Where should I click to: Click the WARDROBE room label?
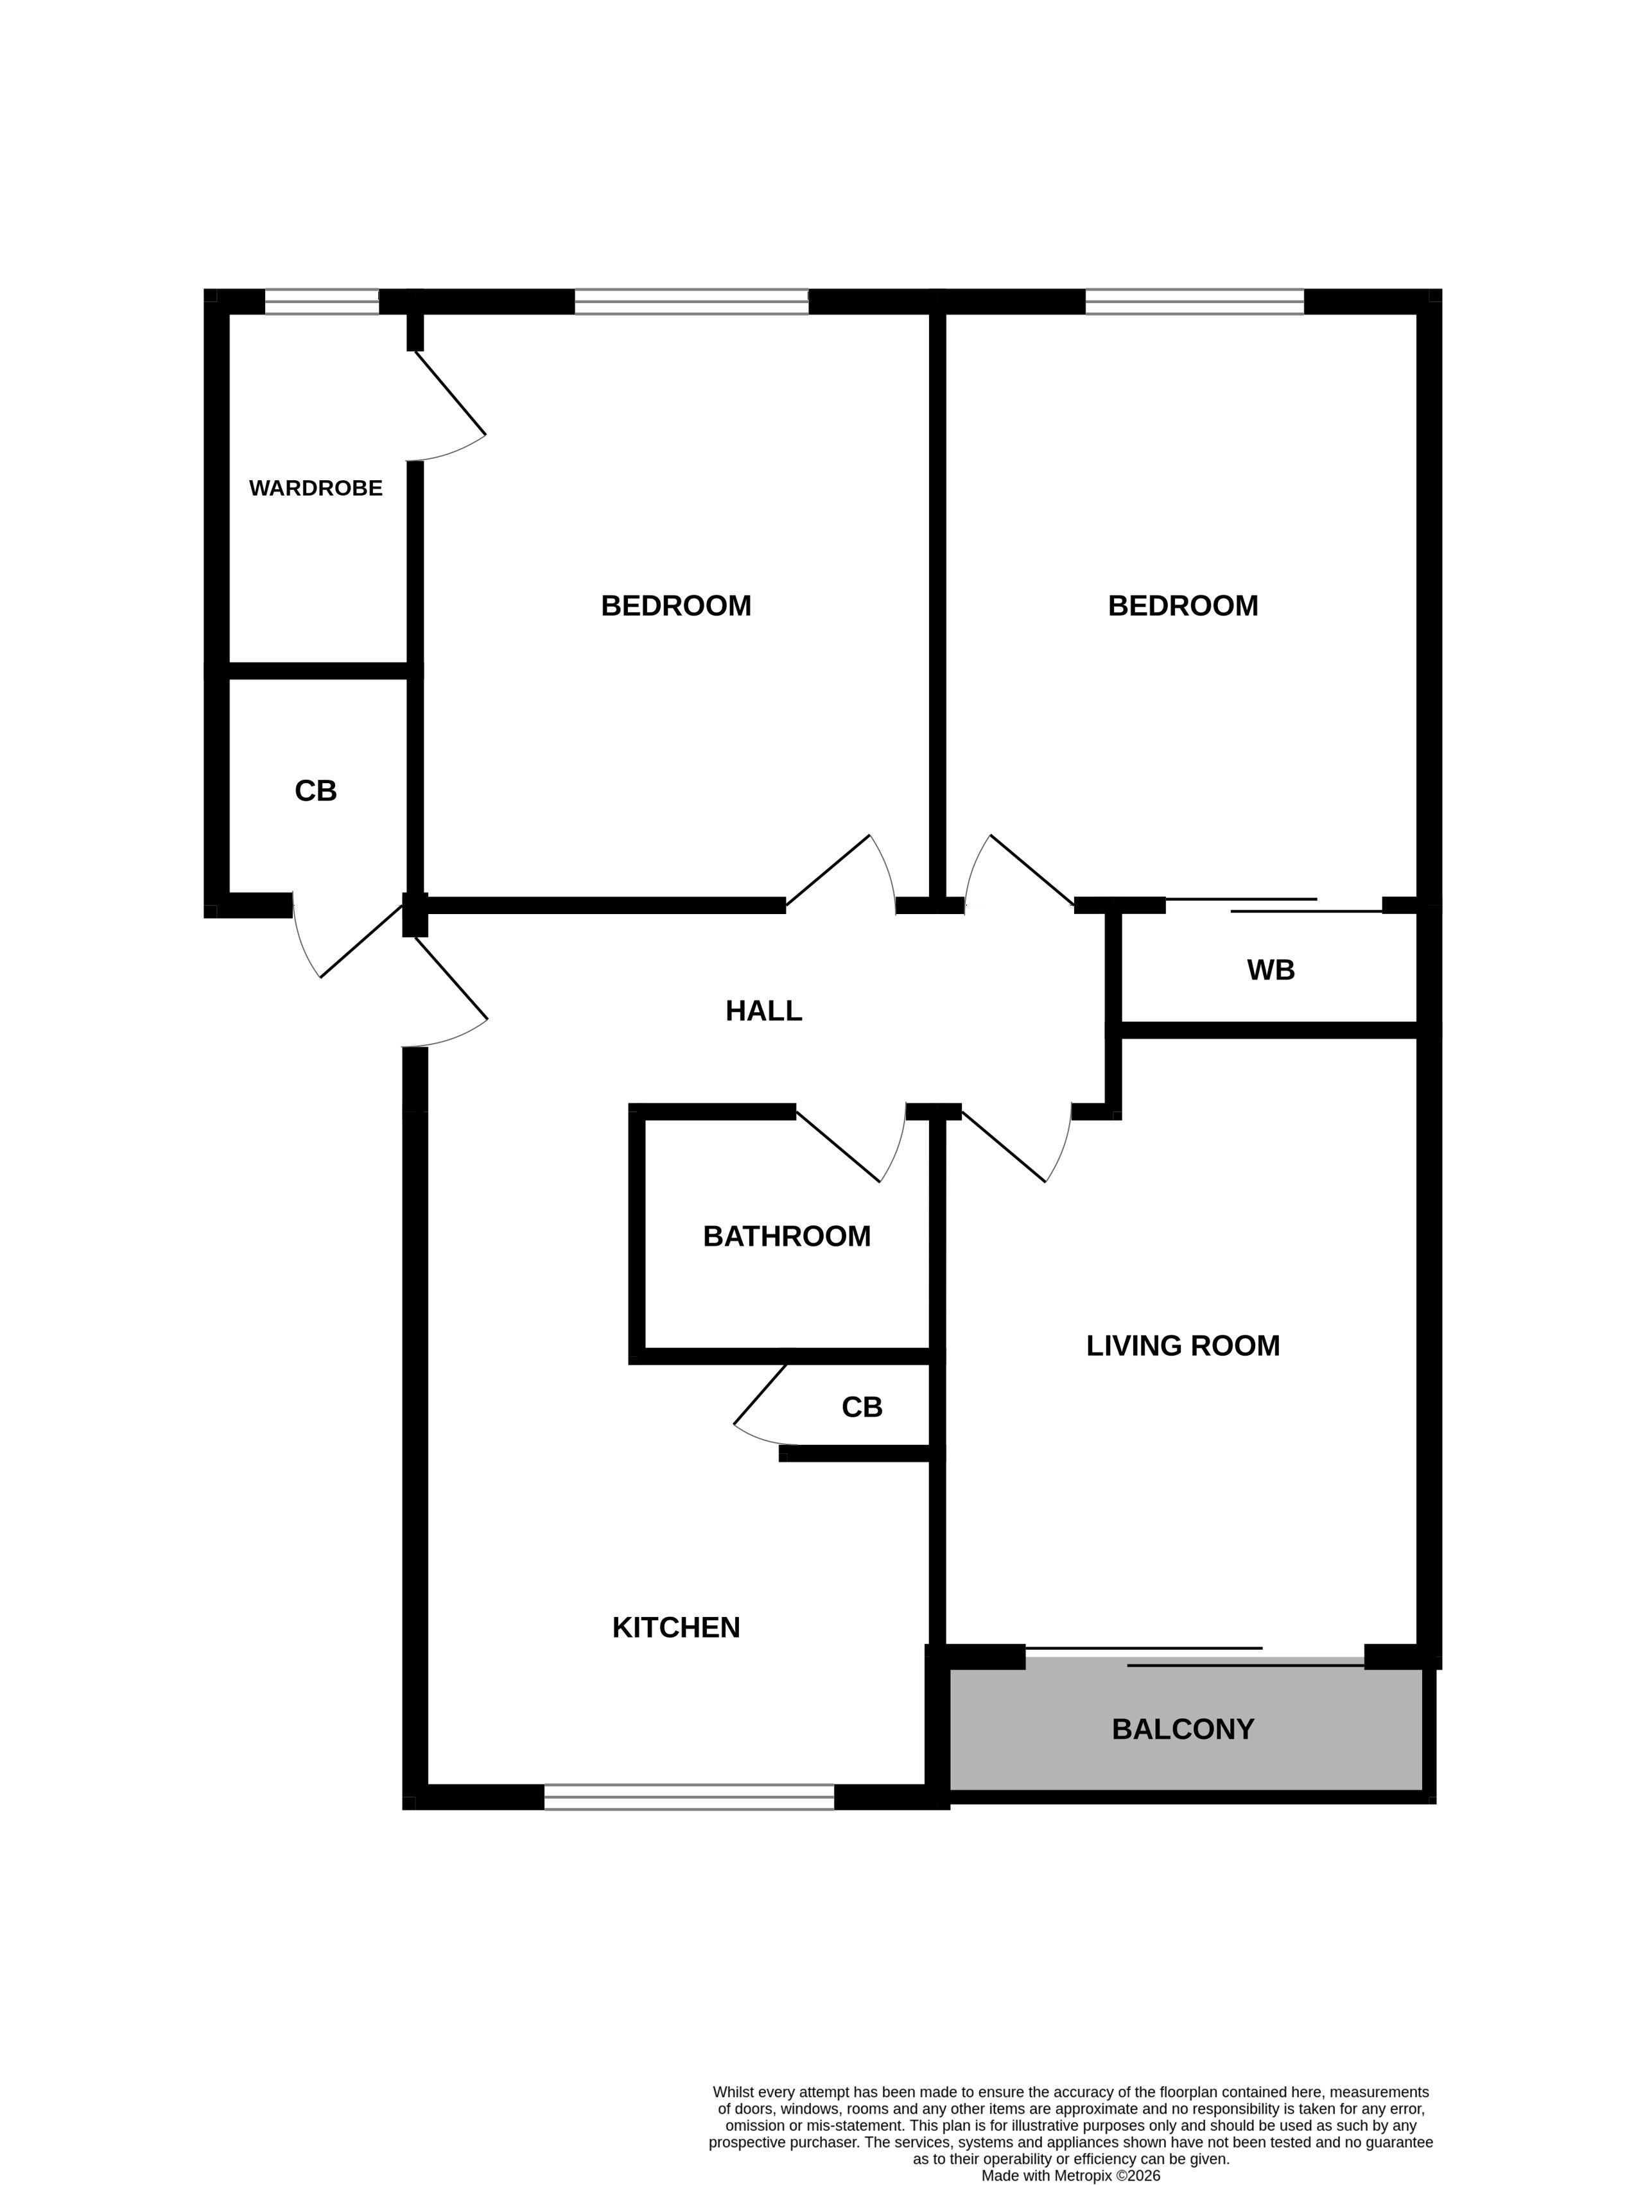click(x=315, y=488)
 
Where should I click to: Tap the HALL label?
click(x=763, y=1010)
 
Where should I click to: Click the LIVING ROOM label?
click(x=1183, y=1345)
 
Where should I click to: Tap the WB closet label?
click(x=1271, y=970)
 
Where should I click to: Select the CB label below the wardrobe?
click(x=315, y=791)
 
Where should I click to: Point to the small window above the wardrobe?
click(x=322, y=301)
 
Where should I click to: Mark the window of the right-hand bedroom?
click(x=1194, y=301)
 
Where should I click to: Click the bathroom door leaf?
click(x=838, y=1147)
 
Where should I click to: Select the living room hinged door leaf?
click(x=1004, y=1147)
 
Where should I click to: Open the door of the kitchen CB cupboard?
click(x=761, y=1394)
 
